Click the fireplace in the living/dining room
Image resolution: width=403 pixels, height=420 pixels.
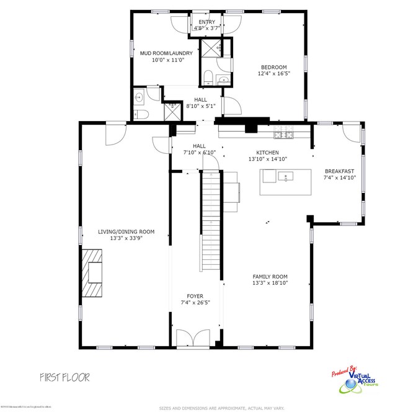94,274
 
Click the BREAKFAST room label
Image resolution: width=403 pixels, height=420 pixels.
339,172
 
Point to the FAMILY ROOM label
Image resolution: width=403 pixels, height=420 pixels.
270,277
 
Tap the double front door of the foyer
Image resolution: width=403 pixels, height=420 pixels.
193,338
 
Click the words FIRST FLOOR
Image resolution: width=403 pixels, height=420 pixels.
65,377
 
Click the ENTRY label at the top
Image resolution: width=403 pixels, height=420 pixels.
206,22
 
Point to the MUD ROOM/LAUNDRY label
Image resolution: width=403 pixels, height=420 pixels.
166,53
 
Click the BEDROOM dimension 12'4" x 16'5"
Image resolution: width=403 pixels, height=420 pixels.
273,73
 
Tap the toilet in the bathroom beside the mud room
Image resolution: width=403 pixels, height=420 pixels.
140,115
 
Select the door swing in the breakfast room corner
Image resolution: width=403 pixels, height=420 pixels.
350,132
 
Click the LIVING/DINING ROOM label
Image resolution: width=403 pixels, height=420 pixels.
126,231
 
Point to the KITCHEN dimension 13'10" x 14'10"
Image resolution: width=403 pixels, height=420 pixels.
268,159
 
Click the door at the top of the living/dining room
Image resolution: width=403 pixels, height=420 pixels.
115,133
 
